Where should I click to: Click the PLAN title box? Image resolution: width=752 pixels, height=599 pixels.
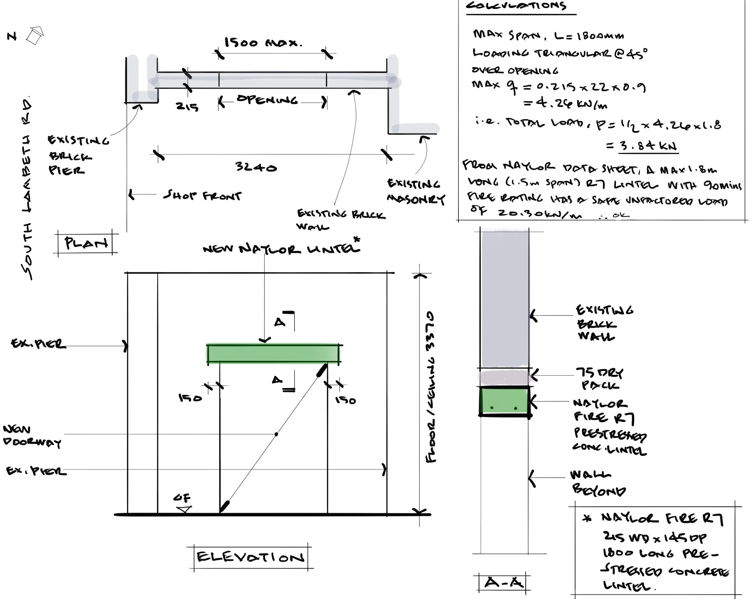tap(86, 243)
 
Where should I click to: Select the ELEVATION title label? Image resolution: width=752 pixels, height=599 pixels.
tap(250, 557)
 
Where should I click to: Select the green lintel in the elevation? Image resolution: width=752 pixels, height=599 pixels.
tap(273, 354)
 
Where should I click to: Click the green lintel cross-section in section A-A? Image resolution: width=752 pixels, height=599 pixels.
tap(504, 401)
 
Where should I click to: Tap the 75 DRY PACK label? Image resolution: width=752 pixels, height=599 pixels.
tap(599, 379)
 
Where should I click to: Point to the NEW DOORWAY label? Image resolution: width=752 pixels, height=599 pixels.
tap(31, 436)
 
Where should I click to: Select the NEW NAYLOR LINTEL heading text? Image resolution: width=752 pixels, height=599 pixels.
tap(281, 249)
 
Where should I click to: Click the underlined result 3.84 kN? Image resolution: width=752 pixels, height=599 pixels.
tap(648, 146)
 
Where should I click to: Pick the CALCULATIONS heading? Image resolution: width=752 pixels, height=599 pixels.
tap(516, 6)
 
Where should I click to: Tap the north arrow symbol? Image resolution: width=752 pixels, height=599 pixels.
tap(35, 36)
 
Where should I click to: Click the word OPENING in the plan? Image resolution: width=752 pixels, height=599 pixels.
tap(267, 100)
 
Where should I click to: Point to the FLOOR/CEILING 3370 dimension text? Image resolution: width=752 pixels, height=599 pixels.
tap(431, 387)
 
